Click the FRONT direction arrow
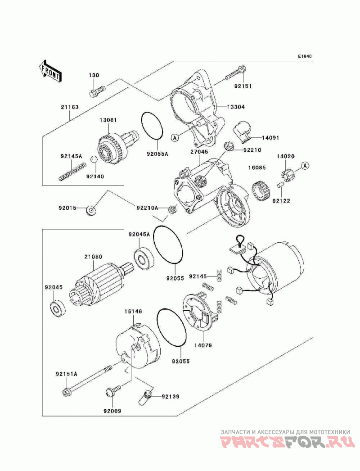50,71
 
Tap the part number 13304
236,107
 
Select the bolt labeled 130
97,91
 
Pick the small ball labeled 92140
94,159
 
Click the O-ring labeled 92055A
152,126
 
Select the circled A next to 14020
306,165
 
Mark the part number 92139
170,397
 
